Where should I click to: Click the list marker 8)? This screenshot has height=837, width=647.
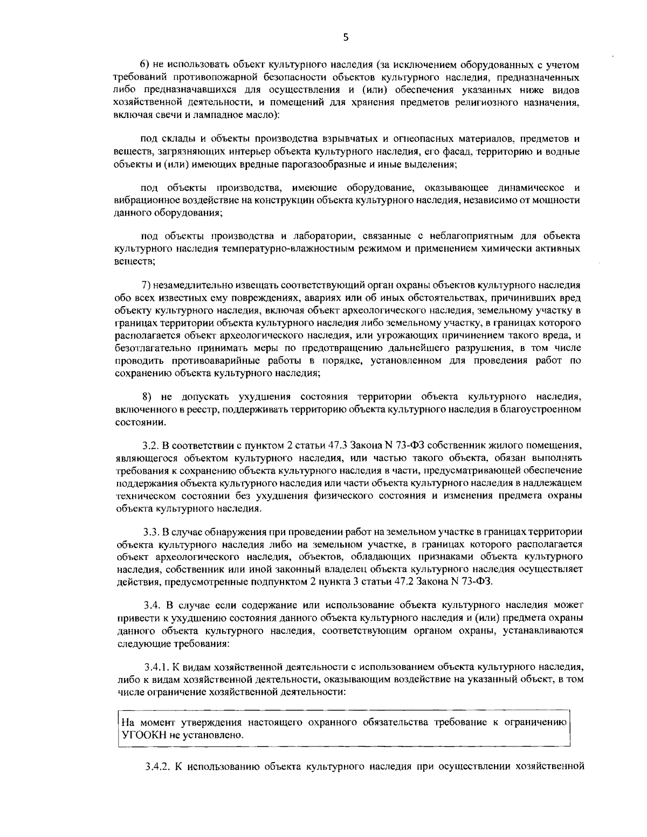point(146,397)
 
